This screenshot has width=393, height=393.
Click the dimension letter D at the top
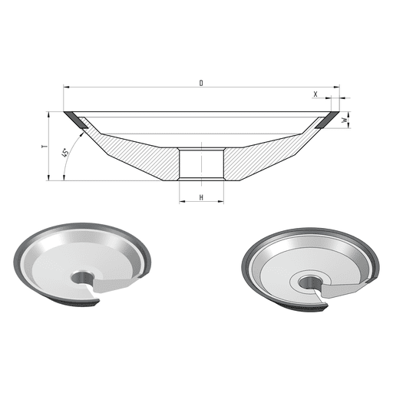201,83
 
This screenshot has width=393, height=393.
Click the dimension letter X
315,94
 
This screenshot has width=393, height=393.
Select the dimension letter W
345,120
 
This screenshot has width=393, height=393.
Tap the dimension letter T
45,147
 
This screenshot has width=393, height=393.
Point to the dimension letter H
201,197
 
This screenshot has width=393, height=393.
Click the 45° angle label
65,153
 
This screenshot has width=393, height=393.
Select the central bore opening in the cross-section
201,164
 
